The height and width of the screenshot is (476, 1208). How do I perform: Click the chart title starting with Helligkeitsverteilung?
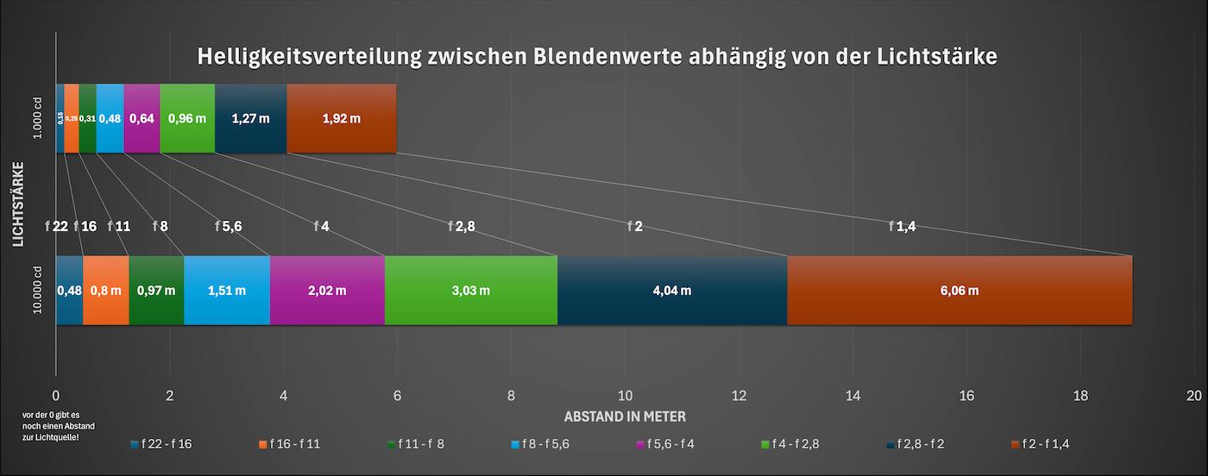click(x=597, y=57)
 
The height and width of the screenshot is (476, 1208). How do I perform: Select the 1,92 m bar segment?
click(x=341, y=118)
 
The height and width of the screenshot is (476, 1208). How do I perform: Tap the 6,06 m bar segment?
click(x=959, y=291)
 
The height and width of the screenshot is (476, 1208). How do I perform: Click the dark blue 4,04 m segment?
click(x=672, y=291)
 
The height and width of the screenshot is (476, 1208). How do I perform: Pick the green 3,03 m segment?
click(x=471, y=291)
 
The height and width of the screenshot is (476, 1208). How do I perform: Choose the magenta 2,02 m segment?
click(x=327, y=291)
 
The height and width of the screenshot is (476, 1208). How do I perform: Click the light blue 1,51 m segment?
click(x=227, y=291)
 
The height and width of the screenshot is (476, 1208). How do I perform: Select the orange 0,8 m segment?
click(x=105, y=291)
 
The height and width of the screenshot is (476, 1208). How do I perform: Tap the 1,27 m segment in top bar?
click(x=250, y=118)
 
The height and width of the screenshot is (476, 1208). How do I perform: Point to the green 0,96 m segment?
click(x=187, y=118)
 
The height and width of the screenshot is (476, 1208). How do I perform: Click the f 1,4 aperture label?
click(x=902, y=227)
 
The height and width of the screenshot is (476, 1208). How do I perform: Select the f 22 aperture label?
click(x=56, y=227)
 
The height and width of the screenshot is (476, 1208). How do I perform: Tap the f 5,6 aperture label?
click(x=228, y=227)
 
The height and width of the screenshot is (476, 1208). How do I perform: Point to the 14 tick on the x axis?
click(x=852, y=396)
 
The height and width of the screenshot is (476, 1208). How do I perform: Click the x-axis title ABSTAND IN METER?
click(x=625, y=416)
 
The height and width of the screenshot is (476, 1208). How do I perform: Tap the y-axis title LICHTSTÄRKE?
click(x=18, y=204)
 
